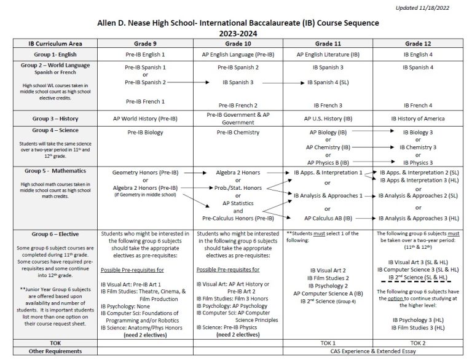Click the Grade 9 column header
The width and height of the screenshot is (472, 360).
click(x=145, y=44)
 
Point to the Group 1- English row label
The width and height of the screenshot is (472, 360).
click(x=53, y=54)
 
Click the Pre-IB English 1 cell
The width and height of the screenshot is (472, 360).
click(x=145, y=54)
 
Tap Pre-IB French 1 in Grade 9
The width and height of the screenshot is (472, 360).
click(x=145, y=101)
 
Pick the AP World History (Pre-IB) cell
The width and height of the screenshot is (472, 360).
click(x=145, y=118)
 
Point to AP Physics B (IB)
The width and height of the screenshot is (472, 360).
click(x=328, y=163)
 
